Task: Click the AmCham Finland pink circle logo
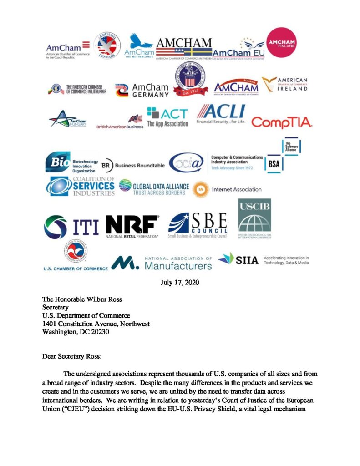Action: [284, 43]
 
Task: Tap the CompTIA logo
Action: [282, 122]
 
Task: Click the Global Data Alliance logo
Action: [152, 187]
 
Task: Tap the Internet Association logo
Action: [228, 189]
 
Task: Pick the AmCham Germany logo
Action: [142, 90]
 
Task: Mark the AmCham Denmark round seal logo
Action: [107, 47]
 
